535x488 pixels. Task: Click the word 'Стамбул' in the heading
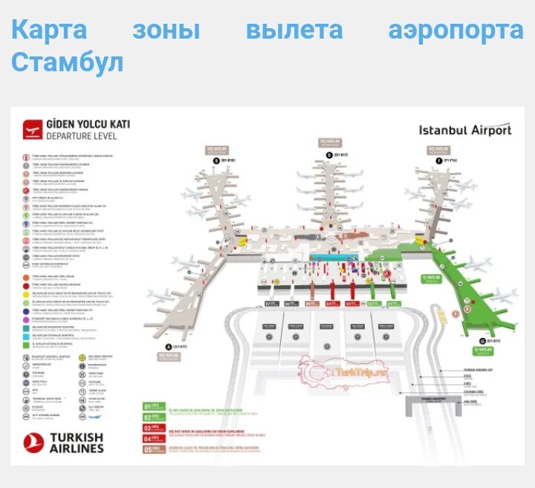pos(67,62)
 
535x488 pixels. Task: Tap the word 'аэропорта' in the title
pos(455,30)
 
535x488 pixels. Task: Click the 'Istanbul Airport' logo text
pos(465,130)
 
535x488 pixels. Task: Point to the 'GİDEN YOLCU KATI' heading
pos(88,124)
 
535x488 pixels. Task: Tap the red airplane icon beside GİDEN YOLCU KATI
pos(32,130)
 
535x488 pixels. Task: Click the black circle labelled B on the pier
pos(216,160)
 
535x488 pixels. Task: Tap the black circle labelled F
pos(439,160)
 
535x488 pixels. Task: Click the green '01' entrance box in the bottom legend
pos(147,406)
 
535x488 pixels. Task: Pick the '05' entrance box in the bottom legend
pos(147,449)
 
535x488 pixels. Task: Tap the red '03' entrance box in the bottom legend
pos(147,428)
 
